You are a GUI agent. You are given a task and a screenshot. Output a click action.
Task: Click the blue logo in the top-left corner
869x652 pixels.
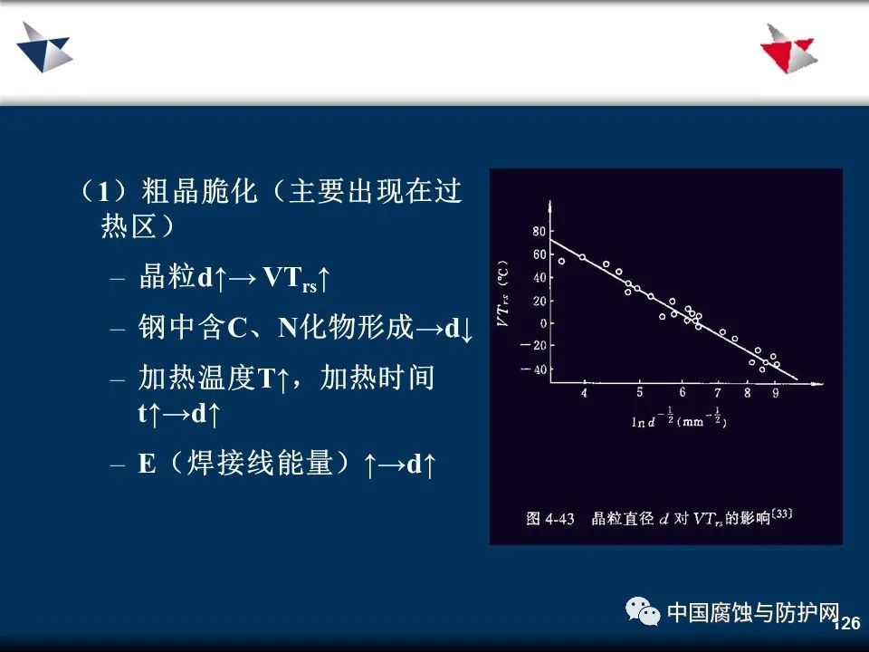pyautogui.click(x=44, y=48)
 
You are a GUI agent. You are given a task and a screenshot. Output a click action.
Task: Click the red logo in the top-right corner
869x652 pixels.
pyautogui.click(x=789, y=49)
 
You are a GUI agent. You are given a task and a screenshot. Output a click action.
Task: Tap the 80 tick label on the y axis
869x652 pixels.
pyautogui.click(x=539, y=231)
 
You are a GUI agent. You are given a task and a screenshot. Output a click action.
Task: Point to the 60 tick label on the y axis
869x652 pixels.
pyautogui.click(x=539, y=254)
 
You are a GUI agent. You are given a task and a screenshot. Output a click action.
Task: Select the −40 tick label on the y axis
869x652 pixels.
pyautogui.click(x=534, y=369)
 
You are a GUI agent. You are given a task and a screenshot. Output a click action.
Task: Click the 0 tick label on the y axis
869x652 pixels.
pyautogui.click(x=543, y=323)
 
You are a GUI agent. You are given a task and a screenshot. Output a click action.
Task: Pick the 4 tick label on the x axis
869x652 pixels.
pyautogui.click(x=584, y=392)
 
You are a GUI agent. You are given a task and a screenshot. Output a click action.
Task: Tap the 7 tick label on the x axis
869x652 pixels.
pyautogui.click(x=718, y=392)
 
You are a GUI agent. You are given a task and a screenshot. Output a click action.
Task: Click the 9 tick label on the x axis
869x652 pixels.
pyautogui.click(x=776, y=392)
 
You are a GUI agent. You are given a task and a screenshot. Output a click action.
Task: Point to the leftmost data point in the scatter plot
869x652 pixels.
pyautogui.click(x=561, y=261)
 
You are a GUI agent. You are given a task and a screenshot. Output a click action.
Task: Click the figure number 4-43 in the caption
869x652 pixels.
pyautogui.click(x=559, y=519)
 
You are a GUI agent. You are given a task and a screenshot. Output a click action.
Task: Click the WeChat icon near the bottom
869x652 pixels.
pyautogui.click(x=643, y=611)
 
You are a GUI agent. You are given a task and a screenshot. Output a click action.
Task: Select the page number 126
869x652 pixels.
pyautogui.click(x=847, y=623)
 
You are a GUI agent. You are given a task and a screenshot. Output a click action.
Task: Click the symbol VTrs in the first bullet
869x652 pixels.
pyautogui.click(x=290, y=278)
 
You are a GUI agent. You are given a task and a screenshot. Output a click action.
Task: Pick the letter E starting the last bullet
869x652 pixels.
pyautogui.click(x=147, y=464)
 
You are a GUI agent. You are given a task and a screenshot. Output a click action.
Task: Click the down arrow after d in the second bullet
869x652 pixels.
pyautogui.click(x=466, y=330)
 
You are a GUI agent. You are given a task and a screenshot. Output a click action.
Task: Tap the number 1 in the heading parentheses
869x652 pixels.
pyautogui.click(x=103, y=192)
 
